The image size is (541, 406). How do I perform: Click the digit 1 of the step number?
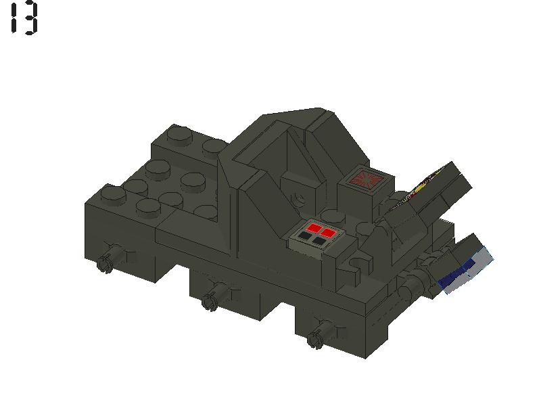click(13, 18)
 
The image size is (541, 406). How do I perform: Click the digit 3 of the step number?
click(29, 18)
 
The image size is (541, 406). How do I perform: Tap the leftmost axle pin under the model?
click(105, 263)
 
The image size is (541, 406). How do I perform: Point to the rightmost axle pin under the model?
click(315, 338)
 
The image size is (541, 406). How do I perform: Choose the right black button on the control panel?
click(319, 240)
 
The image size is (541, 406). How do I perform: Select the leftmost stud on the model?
click(112, 194)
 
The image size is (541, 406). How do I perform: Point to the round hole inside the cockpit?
click(298, 197)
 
